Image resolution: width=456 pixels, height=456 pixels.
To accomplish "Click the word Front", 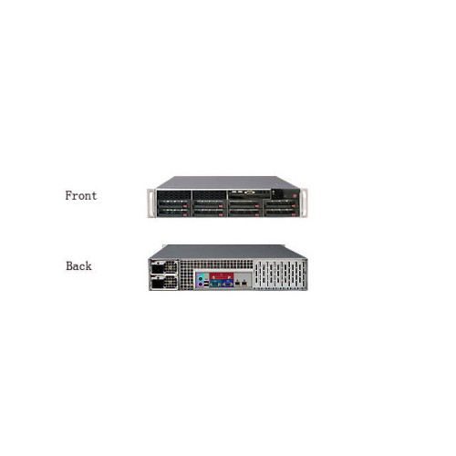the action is click(x=81, y=195).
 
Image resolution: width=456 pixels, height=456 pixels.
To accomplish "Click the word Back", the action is click(x=78, y=266).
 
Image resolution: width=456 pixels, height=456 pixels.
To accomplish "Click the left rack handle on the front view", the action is click(x=150, y=202).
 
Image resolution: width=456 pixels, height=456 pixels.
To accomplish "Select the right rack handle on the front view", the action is click(x=305, y=202).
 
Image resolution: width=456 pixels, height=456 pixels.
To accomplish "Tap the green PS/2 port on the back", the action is click(x=200, y=278).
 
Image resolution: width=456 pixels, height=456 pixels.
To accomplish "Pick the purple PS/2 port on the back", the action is click(x=200, y=285).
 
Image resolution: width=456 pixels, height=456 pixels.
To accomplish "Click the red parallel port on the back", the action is click(x=222, y=276).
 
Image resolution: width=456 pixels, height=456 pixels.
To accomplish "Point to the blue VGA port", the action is click(x=228, y=284).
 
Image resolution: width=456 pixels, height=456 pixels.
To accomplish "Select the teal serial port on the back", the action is click(x=215, y=284).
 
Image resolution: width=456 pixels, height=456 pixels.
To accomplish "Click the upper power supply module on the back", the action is click(x=163, y=267).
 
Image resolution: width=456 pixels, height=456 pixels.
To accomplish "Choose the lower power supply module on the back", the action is click(x=163, y=283).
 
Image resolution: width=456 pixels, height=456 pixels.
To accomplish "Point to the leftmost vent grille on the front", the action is click(x=174, y=195).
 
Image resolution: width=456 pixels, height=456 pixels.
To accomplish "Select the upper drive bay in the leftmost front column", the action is click(x=174, y=203).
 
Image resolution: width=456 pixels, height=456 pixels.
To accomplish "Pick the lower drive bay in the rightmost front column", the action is click(x=281, y=212).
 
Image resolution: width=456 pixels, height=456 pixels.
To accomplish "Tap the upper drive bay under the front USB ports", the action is click(x=245, y=203).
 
